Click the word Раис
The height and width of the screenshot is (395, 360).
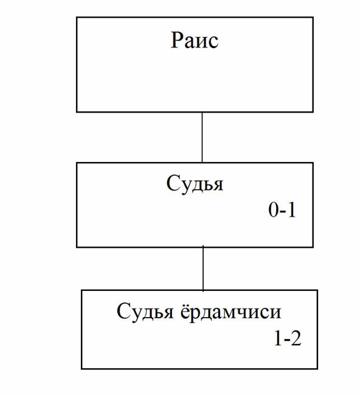pyautogui.click(x=195, y=40)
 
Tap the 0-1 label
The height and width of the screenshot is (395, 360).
pyautogui.click(x=282, y=209)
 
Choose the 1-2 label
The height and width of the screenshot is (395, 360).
pyautogui.click(x=288, y=338)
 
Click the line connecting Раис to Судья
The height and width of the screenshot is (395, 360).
pyautogui.click(x=202, y=138)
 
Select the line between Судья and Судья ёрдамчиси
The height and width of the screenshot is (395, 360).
pyautogui.click(x=203, y=268)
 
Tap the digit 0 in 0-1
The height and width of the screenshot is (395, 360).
pyautogui.click(x=273, y=209)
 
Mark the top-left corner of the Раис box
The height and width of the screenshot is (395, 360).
pyautogui.click(x=77, y=18)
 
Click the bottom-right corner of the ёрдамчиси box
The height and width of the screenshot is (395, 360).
pyautogui.click(x=317, y=369)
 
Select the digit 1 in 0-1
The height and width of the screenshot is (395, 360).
pyautogui.click(x=291, y=209)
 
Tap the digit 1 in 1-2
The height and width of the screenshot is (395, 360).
pyautogui.click(x=278, y=338)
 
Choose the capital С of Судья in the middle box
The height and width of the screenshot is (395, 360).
pyautogui.click(x=173, y=183)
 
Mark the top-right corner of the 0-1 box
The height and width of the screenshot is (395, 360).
pyautogui.click(x=313, y=163)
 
